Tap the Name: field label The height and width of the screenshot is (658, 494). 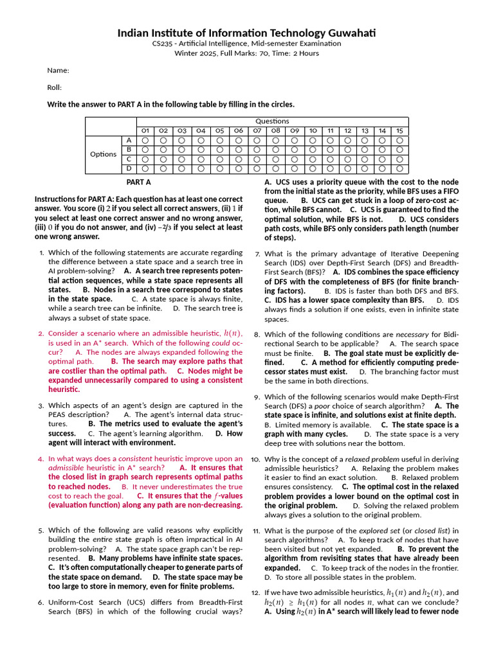[x=58, y=70]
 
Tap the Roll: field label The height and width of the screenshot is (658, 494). [x=55, y=87]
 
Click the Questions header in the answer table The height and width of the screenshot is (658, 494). [x=272, y=121]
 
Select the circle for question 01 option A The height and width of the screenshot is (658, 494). [x=145, y=140]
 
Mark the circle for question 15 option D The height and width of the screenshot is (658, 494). [x=399, y=169]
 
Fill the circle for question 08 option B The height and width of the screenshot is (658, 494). [x=275, y=150]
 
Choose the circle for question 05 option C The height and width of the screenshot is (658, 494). [x=219, y=159]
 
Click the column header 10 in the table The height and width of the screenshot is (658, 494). [x=313, y=130]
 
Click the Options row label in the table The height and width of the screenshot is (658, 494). [x=103, y=154]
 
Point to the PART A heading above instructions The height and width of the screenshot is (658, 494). [x=138, y=182]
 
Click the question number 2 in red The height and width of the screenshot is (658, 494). [x=41, y=333]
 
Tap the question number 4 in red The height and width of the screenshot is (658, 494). [x=41, y=459]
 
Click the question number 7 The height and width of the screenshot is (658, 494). [x=257, y=254]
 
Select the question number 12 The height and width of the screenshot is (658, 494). [x=255, y=592]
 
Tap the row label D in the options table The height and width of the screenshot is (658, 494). [x=129, y=169]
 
